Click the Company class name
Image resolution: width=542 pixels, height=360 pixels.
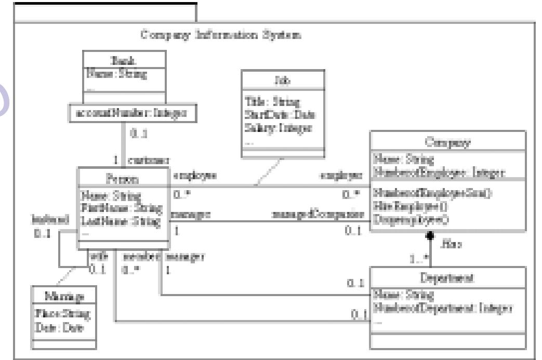(x=447, y=142)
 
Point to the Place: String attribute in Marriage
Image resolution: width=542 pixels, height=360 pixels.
(x=62, y=314)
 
